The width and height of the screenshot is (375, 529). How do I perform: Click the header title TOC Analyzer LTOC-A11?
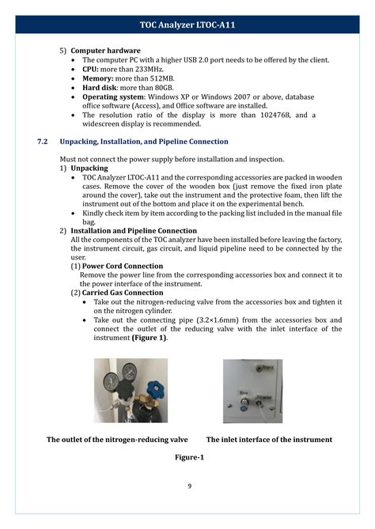(187, 25)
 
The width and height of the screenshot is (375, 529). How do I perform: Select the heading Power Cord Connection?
(123, 266)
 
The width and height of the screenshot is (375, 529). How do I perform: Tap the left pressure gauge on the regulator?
(111, 380)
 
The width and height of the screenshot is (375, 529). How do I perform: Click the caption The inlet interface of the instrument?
(269, 440)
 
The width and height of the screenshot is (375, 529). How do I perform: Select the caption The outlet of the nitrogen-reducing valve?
(117, 440)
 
